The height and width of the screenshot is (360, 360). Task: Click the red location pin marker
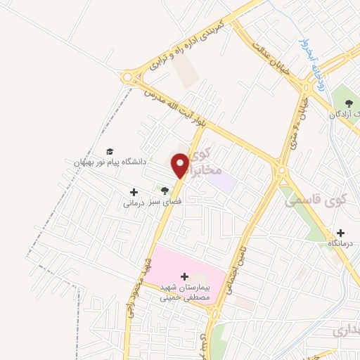(x=181, y=165)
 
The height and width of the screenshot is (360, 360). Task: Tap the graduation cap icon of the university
(x=109, y=151)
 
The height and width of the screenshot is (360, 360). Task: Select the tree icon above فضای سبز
(x=165, y=191)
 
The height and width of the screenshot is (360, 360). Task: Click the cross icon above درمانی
(x=134, y=192)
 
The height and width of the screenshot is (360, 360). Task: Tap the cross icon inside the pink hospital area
(x=185, y=276)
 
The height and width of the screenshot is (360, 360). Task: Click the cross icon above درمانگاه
(x=341, y=233)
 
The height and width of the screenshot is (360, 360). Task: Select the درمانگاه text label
(x=341, y=243)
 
